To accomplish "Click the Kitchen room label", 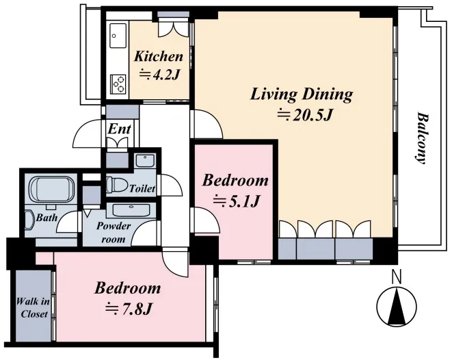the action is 159,57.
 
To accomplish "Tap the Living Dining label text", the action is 302,94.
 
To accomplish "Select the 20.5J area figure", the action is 305,115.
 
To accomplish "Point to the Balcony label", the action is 421,138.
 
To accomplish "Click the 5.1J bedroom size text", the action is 237,201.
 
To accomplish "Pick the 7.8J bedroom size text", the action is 129,309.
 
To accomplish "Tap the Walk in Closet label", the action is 33,308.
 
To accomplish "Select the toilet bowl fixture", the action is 117,184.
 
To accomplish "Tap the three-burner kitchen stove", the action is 118,83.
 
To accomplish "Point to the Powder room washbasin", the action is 131,210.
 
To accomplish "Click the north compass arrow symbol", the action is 397,307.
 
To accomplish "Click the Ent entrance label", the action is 120,129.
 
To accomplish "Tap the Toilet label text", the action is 142,189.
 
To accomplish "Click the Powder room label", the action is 114,233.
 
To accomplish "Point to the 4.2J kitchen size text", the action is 160,74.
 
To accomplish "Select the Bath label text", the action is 46,218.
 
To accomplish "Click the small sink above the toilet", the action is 145,161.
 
